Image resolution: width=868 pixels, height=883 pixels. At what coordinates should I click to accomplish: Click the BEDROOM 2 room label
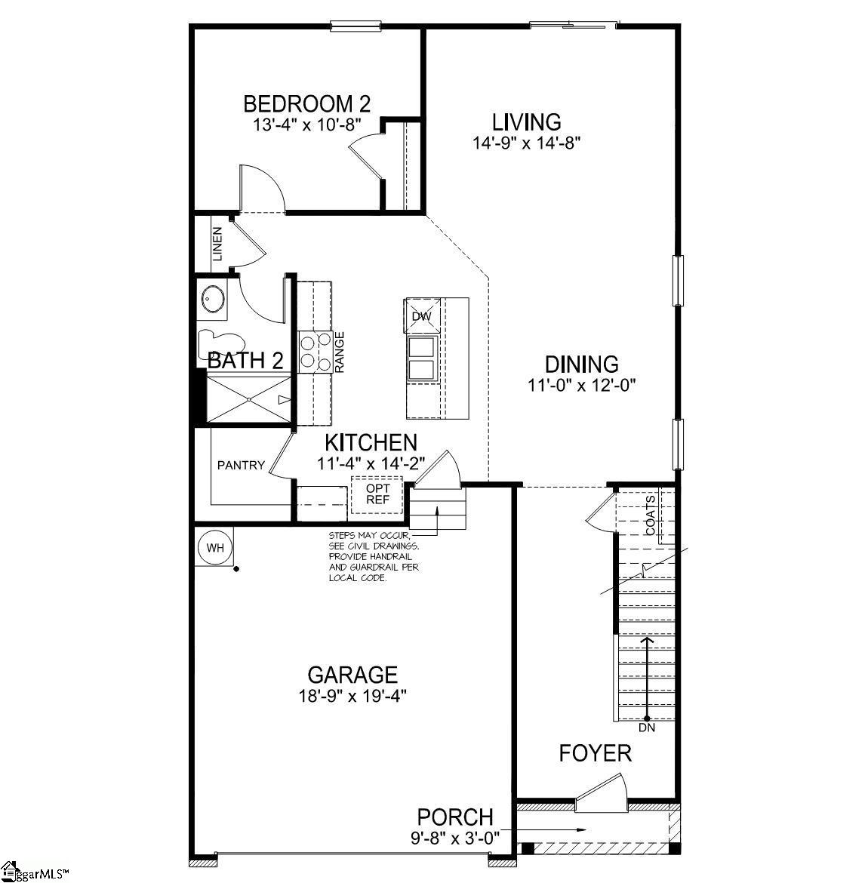point(306,103)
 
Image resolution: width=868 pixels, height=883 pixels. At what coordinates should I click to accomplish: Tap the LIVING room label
point(526,122)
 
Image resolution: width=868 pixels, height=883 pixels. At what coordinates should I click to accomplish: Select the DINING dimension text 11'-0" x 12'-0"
point(582,385)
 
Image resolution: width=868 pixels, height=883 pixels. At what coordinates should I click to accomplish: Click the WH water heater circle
point(215,548)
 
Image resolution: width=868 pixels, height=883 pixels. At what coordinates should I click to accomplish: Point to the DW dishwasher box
point(421,315)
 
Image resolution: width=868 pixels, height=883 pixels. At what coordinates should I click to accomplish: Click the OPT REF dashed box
point(377,494)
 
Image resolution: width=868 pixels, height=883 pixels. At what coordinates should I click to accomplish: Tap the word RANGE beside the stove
point(340,352)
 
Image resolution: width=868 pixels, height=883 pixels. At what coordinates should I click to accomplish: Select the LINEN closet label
point(217,245)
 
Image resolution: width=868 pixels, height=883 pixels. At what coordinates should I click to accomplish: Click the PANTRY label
point(241,465)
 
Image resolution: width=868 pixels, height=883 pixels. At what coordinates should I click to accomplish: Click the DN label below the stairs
point(647,729)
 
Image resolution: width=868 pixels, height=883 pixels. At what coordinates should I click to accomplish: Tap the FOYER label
point(595,753)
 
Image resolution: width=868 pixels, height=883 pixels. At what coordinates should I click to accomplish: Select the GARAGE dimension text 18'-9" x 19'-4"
point(352,694)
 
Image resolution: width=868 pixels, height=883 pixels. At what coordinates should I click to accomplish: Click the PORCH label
point(455,817)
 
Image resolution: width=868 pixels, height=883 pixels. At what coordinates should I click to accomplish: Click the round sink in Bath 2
point(213,300)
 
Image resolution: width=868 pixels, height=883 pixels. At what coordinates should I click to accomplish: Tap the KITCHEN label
point(371,443)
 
